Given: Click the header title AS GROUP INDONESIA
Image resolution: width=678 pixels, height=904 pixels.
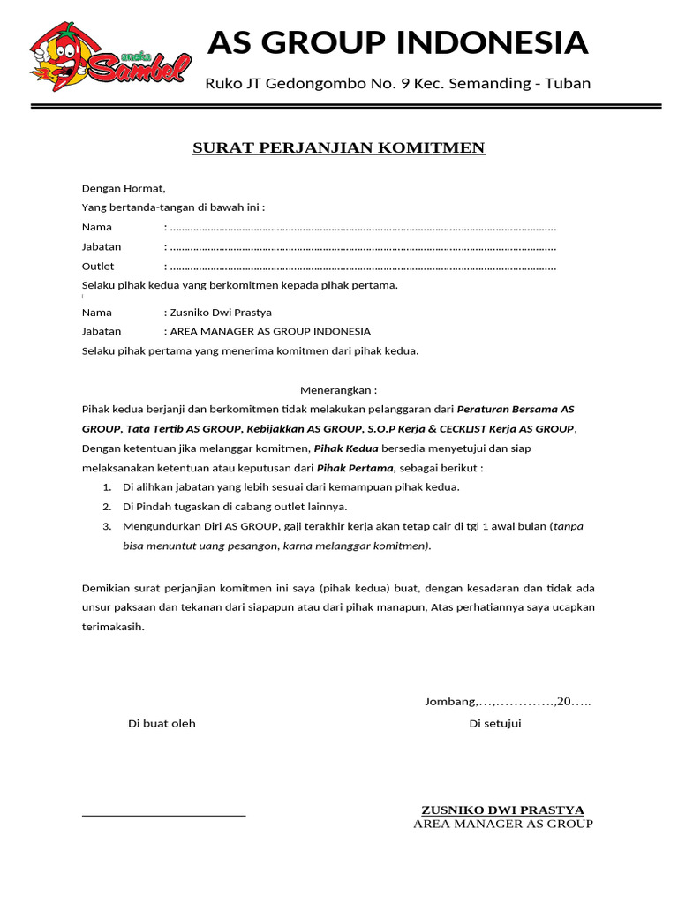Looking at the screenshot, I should [x=397, y=42].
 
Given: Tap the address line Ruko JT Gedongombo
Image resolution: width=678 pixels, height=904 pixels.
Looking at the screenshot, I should [x=397, y=84].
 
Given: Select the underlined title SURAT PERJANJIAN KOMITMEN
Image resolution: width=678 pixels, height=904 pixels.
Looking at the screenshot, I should [x=339, y=147].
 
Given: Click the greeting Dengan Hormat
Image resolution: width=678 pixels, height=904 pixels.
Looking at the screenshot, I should [x=124, y=188].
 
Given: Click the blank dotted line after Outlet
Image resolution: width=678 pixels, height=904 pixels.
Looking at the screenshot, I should [x=362, y=267].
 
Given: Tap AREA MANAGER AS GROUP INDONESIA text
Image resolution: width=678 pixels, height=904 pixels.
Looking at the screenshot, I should [x=269, y=332].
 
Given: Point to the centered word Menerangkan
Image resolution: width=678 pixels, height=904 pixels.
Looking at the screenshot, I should [x=338, y=390].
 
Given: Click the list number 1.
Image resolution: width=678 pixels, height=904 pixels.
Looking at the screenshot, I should [x=106, y=487].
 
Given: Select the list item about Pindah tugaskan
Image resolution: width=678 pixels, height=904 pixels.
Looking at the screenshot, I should [x=235, y=507].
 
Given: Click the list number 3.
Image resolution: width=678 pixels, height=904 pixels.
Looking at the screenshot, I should [x=106, y=526].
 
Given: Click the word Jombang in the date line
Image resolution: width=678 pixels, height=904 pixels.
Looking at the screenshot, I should [x=450, y=703].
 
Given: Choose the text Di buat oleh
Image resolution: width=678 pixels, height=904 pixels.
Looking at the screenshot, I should [x=162, y=724].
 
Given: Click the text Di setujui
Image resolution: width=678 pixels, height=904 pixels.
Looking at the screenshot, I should [x=495, y=724].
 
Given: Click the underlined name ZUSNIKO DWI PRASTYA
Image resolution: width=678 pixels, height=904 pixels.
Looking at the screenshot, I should [x=502, y=810].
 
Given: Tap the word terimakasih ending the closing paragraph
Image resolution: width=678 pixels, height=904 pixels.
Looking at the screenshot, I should [x=112, y=627].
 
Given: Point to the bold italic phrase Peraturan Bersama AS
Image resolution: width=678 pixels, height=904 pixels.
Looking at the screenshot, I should [x=516, y=410].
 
